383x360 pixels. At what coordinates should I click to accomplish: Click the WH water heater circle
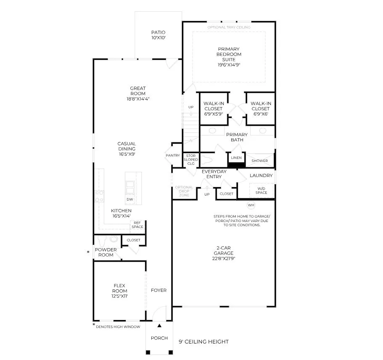(251, 205)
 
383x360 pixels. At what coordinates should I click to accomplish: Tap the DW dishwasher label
(130, 199)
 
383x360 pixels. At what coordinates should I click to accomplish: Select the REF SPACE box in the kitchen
(137, 225)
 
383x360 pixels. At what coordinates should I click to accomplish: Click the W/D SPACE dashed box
(261, 191)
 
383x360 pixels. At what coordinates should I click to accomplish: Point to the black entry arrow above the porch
(159, 326)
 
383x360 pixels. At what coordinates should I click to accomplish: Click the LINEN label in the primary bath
(236, 158)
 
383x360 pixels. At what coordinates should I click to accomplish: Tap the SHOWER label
(260, 161)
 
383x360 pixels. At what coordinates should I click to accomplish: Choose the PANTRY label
(173, 156)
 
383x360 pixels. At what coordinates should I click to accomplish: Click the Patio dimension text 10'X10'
(158, 37)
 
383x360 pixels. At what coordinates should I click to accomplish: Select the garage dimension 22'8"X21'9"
(224, 259)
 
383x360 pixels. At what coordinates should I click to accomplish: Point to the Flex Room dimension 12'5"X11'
(120, 296)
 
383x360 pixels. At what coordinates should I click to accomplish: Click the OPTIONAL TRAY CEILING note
(229, 27)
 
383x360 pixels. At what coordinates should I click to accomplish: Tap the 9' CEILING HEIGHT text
(204, 341)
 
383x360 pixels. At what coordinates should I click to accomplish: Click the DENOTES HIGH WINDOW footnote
(118, 327)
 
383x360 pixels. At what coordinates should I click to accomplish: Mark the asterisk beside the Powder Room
(88, 252)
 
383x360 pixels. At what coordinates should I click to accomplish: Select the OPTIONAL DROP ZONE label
(184, 191)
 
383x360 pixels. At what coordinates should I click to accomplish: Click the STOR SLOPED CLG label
(191, 159)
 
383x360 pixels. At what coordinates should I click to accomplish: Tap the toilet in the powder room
(102, 241)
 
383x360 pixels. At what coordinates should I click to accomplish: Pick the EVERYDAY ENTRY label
(214, 174)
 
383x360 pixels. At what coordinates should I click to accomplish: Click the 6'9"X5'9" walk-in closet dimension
(214, 114)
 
